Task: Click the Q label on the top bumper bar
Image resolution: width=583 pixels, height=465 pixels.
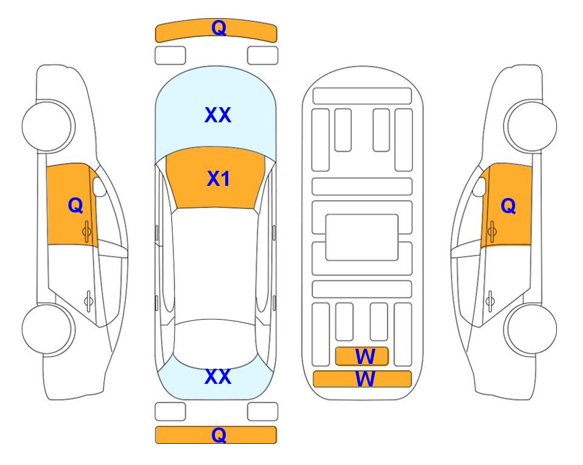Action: coord(219,28)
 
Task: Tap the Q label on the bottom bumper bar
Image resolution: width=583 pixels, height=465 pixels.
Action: coord(219,435)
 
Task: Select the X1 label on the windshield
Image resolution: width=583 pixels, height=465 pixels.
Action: coord(219,179)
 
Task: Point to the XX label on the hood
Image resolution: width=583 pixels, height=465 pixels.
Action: coord(218,115)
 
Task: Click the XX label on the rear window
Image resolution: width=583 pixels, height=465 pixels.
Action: coord(218,377)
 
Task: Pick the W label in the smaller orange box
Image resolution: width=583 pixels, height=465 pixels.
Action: coord(365,357)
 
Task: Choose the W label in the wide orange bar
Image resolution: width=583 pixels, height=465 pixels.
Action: coord(365,379)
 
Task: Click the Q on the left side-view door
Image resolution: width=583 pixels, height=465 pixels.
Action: coord(76,205)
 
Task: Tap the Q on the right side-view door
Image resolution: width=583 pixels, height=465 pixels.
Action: coord(509,206)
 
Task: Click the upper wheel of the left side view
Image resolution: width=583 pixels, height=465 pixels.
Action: coord(48,126)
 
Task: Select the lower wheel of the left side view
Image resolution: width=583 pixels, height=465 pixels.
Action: coord(48,329)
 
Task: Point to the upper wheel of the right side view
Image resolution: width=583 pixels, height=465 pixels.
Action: coord(530,126)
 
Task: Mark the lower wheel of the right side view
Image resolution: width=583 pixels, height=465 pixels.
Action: coord(530,329)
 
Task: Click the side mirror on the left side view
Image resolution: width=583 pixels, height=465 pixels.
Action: coord(99,186)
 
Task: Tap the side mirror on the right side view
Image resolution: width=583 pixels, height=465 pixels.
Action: coord(479,186)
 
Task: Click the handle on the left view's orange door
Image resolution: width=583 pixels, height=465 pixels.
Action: coord(87,232)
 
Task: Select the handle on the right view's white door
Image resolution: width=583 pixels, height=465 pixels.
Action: coord(490,301)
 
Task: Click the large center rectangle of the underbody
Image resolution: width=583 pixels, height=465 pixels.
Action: coord(362,237)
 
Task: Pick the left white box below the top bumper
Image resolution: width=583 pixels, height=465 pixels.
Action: coord(170,56)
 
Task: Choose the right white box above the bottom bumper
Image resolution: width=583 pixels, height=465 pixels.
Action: coord(263,412)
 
